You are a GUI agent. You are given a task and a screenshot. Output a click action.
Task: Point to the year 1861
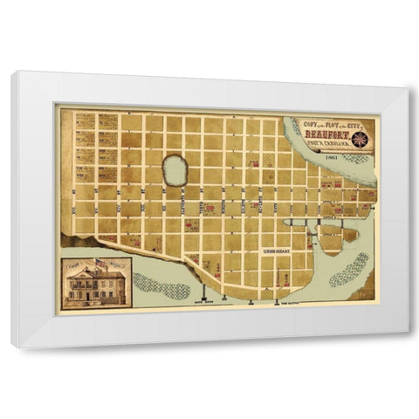[x=331, y=159]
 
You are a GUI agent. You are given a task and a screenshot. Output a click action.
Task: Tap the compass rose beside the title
[x=361, y=138]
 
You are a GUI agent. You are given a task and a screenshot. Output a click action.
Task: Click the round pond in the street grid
[x=175, y=171]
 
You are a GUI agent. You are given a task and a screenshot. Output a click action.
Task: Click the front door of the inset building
[x=97, y=298]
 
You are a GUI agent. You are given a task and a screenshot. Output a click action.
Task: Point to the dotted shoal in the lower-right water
[x=349, y=268]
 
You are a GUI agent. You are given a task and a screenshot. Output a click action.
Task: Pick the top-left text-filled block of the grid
[x=84, y=121]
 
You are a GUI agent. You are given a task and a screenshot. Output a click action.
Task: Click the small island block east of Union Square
[x=350, y=234]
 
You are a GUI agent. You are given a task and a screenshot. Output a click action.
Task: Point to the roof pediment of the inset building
[x=97, y=271]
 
